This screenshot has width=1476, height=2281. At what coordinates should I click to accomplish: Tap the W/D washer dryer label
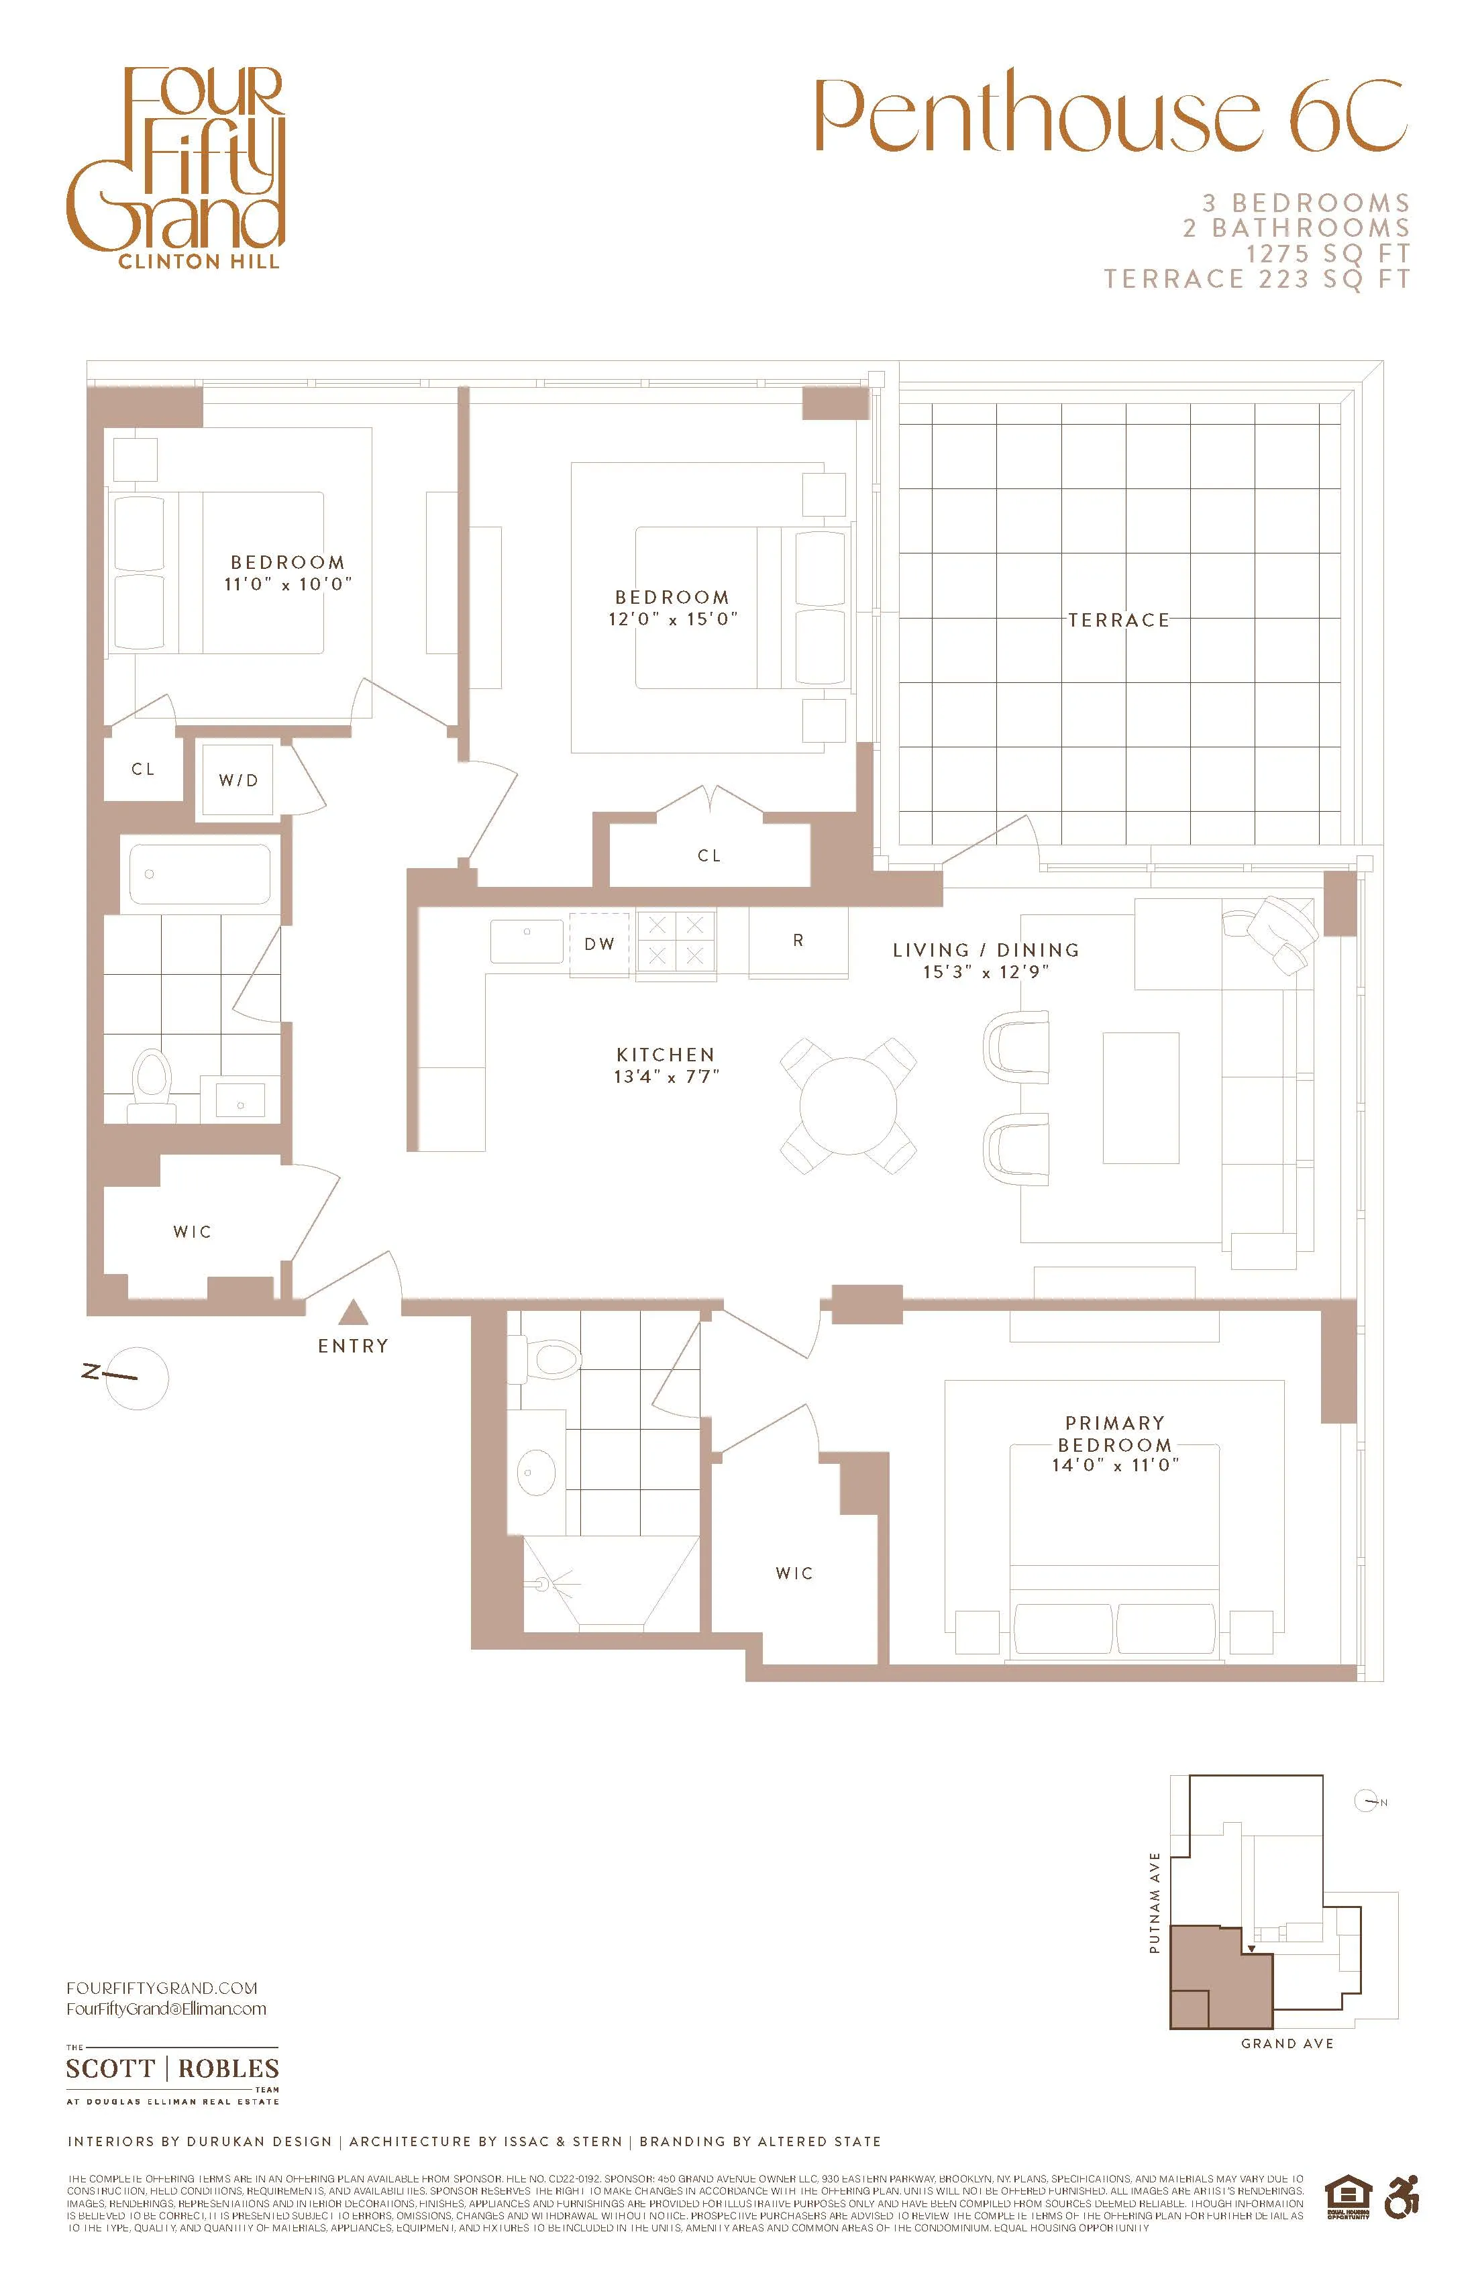click(239, 780)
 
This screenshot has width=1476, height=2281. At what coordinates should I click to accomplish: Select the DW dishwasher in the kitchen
click(600, 944)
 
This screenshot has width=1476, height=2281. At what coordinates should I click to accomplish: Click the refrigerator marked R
click(798, 941)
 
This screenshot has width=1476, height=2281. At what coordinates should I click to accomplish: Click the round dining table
click(848, 1105)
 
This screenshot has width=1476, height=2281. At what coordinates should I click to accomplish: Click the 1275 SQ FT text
click(1328, 254)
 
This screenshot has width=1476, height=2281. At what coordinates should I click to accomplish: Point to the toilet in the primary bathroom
click(553, 1357)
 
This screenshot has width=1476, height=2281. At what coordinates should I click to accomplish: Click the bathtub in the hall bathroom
click(199, 873)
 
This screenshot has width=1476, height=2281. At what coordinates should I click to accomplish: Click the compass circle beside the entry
click(137, 1378)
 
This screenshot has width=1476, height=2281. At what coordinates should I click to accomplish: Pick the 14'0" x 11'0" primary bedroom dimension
click(1114, 1465)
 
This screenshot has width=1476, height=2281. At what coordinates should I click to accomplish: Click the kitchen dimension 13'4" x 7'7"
click(666, 1076)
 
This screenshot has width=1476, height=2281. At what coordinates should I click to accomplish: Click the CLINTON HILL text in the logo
click(199, 262)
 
